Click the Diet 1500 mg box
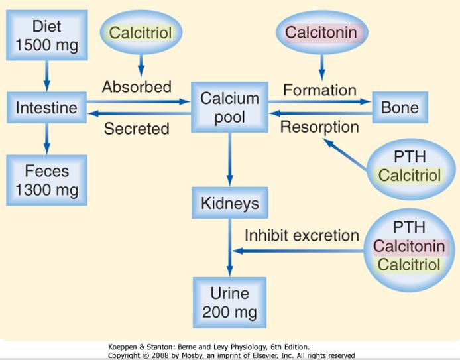(x=46, y=36)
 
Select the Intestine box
(x=46, y=107)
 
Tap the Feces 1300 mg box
(x=46, y=180)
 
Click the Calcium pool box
(x=229, y=108)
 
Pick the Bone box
(x=399, y=107)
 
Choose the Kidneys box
(x=229, y=202)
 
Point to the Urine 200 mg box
(x=229, y=302)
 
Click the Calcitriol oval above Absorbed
(x=140, y=32)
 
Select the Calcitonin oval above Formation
(x=321, y=32)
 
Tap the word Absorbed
(x=137, y=87)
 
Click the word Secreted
(x=137, y=129)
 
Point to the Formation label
(x=319, y=90)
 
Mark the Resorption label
(x=319, y=127)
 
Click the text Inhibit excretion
(x=302, y=235)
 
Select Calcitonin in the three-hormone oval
(x=408, y=246)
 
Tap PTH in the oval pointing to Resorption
(x=409, y=157)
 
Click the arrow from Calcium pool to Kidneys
(x=229, y=159)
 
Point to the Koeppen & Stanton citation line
(x=208, y=347)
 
